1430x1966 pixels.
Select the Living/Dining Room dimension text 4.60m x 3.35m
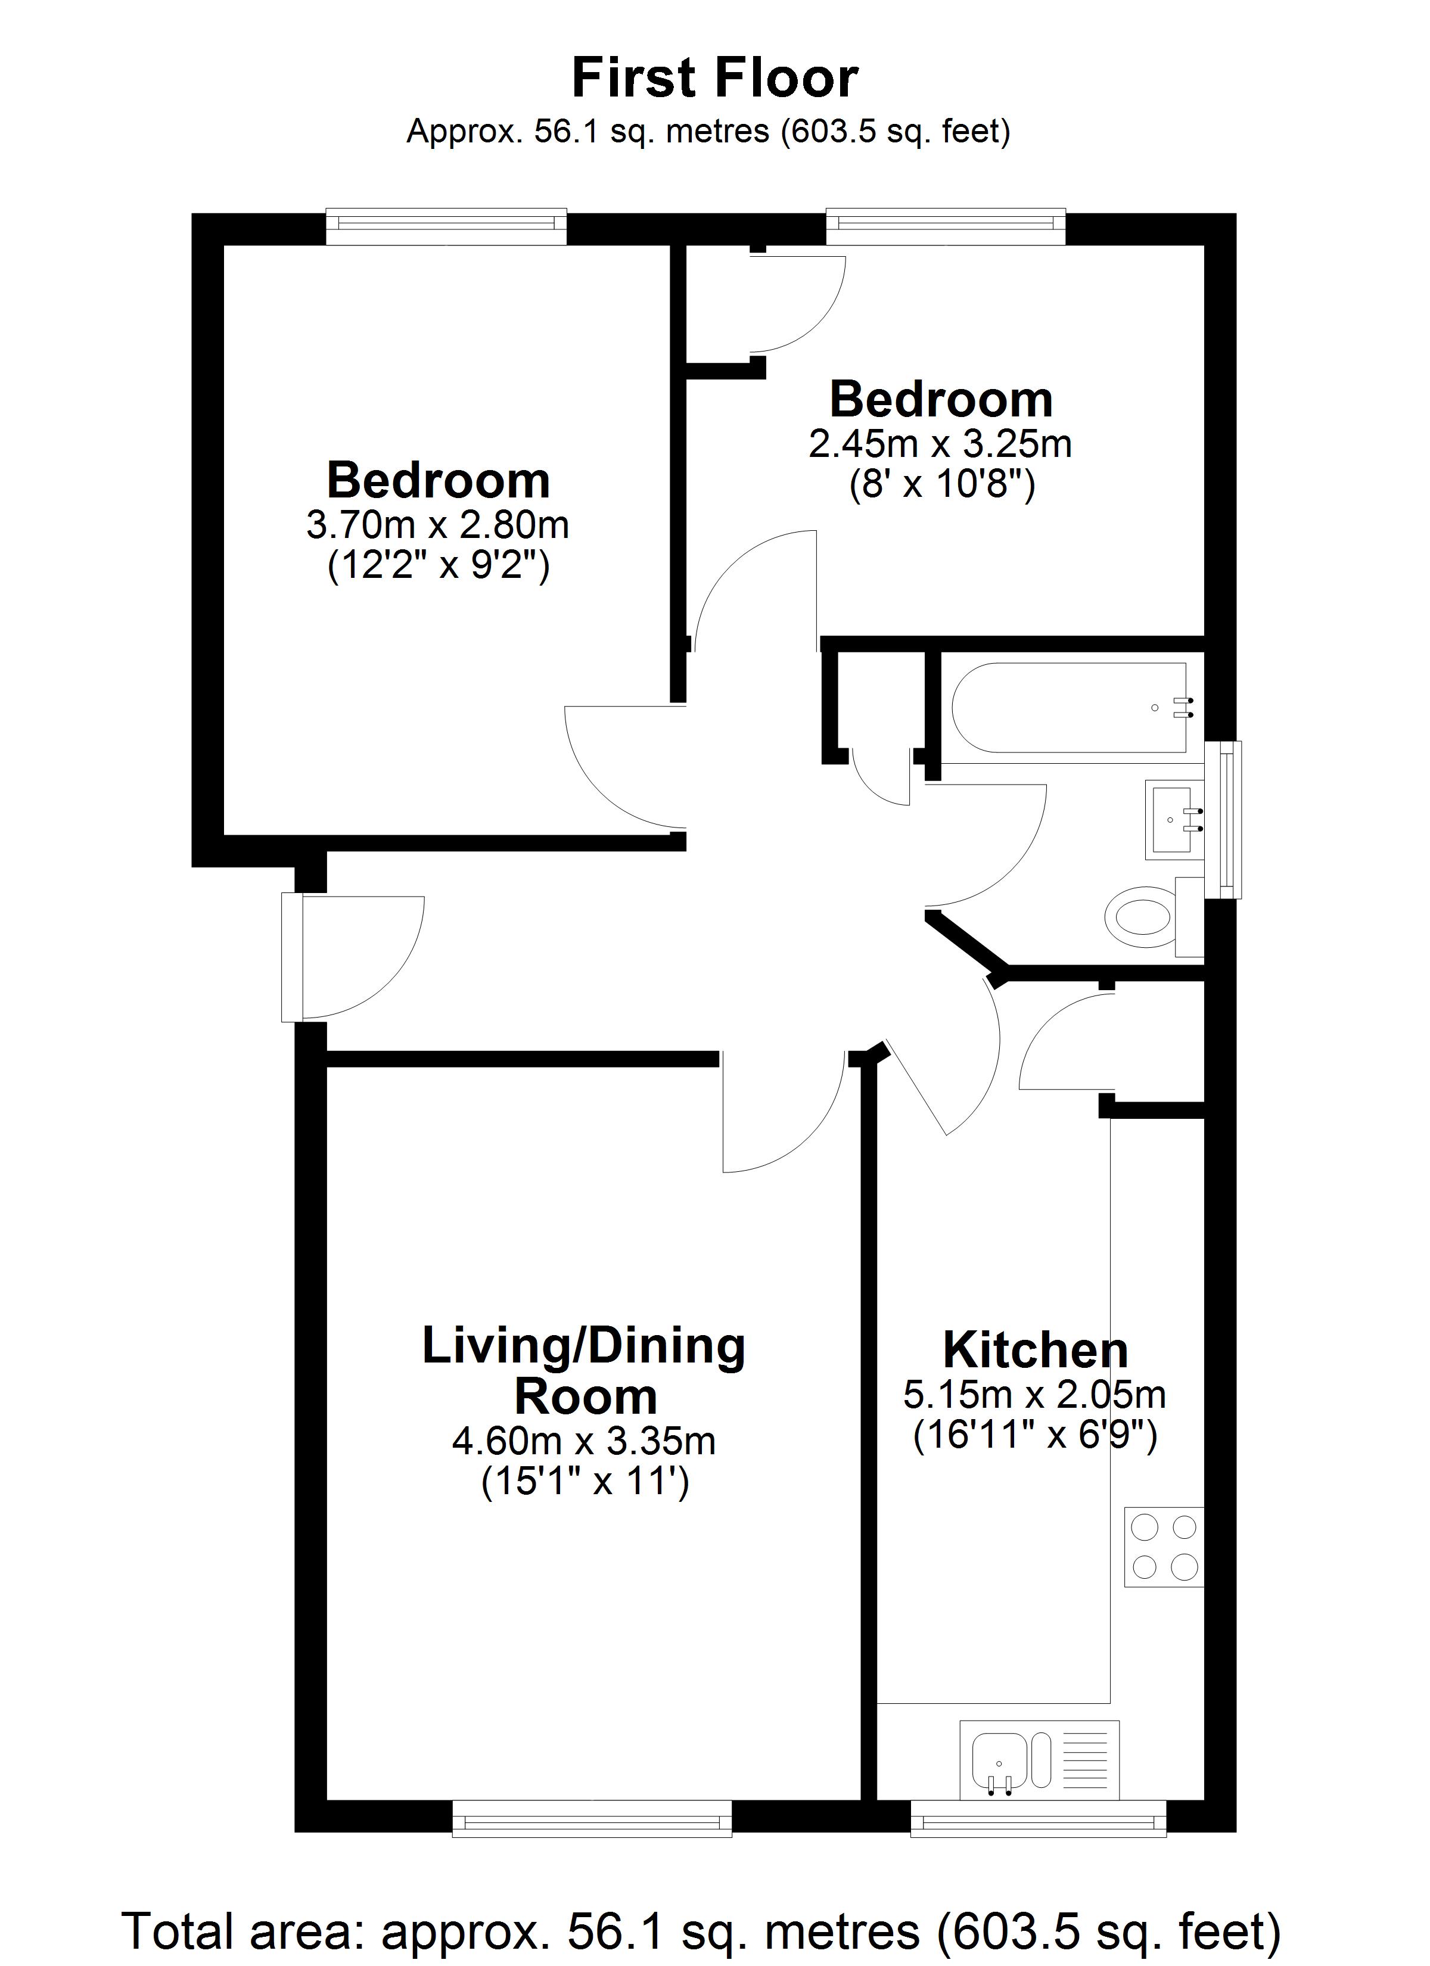click(584, 1442)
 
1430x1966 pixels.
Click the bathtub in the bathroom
click(1070, 707)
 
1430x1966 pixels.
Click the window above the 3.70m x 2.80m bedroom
click(447, 225)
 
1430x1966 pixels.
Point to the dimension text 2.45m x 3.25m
click(940, 444)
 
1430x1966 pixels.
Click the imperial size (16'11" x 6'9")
click(1036, 1436)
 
